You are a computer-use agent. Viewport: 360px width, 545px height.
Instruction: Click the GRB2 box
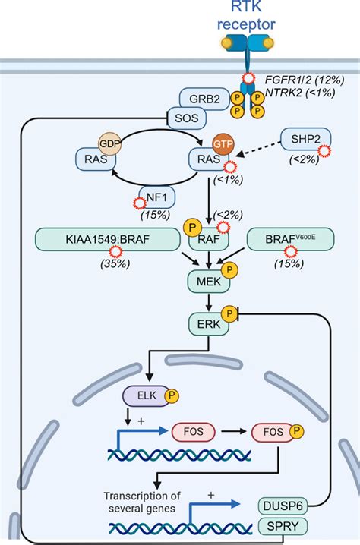204,99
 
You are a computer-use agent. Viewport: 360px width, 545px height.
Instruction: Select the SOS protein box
187,118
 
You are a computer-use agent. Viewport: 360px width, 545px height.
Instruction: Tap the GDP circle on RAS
109,143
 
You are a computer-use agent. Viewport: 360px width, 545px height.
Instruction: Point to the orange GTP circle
223,144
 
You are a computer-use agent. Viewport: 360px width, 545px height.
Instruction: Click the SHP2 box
305,140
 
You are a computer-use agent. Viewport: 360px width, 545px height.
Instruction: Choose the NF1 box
157,197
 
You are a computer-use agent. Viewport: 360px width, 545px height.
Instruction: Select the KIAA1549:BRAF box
108,239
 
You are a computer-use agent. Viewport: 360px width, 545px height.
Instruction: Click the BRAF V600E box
290,239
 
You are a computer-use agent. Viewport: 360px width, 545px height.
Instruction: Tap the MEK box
209,281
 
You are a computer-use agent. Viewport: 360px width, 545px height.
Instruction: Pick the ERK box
209,324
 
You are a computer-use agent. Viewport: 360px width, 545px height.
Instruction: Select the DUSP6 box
283,506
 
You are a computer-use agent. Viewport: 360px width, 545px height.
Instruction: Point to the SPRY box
283,526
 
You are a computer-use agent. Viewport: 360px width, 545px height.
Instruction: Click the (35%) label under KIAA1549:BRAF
115,264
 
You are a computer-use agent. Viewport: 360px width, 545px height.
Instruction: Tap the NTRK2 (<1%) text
300,93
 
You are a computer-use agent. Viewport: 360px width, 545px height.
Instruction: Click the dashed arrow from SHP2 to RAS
258,150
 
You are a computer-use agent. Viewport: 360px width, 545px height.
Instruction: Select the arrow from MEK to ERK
209,302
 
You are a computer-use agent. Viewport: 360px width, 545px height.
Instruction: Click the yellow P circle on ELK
172,395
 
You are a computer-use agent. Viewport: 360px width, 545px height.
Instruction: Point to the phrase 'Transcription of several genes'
142,502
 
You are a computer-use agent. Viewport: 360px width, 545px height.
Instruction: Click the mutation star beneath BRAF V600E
291,251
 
